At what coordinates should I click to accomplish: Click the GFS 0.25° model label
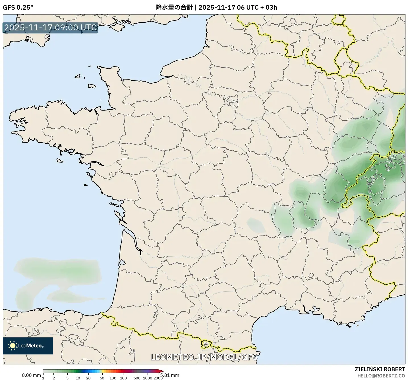pyautogui.click(x=18, y=7)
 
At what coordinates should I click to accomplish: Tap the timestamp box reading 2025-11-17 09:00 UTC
pyautogui.click(x=51, y=28)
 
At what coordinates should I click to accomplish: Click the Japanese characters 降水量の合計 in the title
pyautogui.click(x=174, y=7)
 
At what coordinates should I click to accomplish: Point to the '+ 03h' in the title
pyautogui.click(x=269, y=7)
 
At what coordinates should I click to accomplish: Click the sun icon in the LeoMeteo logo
pyautogui.click(x=13, y=346)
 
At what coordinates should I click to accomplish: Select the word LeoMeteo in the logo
pyautogui.click(x=31, y=346)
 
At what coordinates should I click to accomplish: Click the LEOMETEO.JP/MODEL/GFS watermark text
pyautogui.click(x=204, y=357)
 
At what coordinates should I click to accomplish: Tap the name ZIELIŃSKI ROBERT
pyautogui.click(x=380, y=369)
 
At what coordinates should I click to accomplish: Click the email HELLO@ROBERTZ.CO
pyautogui.click(x=381, y=376)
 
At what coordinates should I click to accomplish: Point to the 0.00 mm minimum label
pyautogui.click(x=31, y=375)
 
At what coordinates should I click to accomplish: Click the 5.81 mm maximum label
pyautogui.click(x=170, y=375)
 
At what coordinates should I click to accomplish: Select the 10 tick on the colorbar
pyautogui.click(x=78, y=378)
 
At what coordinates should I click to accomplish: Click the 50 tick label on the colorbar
pyautogui.click(x=102, y=378)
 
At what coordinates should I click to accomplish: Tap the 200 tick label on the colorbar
pyautogui.click(x=123, y=378)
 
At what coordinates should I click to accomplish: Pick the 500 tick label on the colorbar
pyautogui.click(x=137, y=378)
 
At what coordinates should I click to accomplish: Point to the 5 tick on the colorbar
pyautogui.click(x=67, y=378)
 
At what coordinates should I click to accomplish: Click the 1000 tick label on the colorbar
pyautogui.click(x=147, y=378)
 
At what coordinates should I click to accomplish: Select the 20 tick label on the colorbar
pyautogui.click(x=88, y=378)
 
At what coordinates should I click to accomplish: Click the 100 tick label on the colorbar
pyautogui.click(x=113, y=378)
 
